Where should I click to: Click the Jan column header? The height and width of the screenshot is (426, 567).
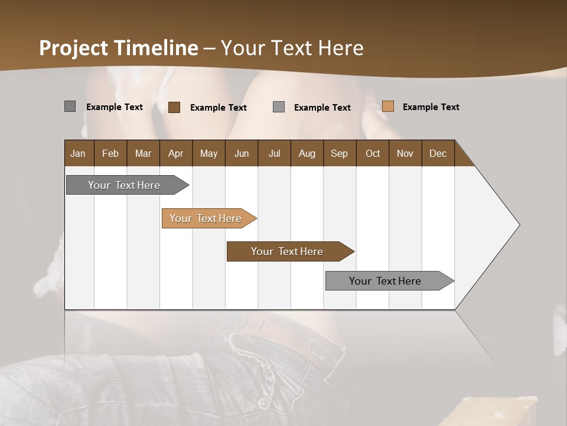click(x=78, y=153)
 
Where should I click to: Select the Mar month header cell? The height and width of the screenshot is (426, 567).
click(x=143, y=153)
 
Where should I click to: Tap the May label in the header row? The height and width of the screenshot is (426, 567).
click(x=208, y=153)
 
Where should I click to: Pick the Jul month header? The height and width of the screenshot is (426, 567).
click(x=274, y=153)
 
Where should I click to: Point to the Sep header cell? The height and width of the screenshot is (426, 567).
click(x=339, y=153)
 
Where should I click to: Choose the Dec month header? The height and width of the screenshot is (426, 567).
click(x=438, y=153)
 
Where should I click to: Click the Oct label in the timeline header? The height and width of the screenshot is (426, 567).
click(x=373, y=153)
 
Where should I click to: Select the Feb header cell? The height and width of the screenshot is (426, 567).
click(x=110, y=153)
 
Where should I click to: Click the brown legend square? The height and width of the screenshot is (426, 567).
click(x=174, y=107)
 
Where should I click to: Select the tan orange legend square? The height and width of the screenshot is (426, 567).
click(x=388, y=106)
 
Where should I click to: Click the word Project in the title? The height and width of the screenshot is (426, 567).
click(x=74, y=48)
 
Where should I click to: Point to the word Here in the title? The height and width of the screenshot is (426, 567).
click(x=341, y=48)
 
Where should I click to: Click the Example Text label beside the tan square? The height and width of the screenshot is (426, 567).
click(x=431, y=107)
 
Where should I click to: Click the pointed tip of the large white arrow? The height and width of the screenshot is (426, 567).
click(x=518, y=225)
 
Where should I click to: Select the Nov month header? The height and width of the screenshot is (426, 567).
click(x=405, y=153)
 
